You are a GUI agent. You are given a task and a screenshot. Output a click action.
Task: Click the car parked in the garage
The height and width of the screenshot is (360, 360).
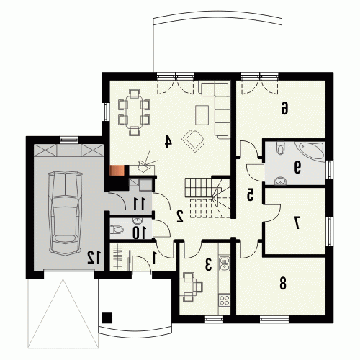tap(66, 213)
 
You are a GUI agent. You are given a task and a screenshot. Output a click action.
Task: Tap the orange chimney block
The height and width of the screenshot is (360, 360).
tap(117, 171)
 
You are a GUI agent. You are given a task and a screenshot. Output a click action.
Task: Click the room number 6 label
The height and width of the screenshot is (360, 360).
tap(284, 108)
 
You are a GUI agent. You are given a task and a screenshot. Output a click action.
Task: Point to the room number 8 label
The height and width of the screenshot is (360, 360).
tap(283, 284)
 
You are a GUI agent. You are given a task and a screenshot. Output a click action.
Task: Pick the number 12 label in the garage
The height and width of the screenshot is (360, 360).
tap(94, 257)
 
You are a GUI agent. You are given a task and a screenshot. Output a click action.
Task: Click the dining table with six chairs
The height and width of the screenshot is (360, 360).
tap(134, 112)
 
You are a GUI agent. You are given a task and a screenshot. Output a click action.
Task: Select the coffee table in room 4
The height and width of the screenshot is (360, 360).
tap(202, 115)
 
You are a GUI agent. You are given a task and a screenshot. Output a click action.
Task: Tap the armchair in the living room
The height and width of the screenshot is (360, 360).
tap(194, 140)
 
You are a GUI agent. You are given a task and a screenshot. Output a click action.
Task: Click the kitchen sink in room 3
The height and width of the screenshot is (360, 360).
tap(225, 264)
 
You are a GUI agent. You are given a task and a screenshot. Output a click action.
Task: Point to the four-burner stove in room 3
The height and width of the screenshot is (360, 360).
tap(225, 300)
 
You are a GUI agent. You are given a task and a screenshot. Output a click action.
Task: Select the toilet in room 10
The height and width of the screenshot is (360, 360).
tap(117, 230)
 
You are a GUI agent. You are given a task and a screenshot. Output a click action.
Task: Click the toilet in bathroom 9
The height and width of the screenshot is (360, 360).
tap(280, 148)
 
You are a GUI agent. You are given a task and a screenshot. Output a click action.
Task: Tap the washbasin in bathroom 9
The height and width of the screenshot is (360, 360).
tap(279, 181)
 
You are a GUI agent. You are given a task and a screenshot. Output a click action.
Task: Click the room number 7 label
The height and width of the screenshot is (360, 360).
tap(297, 223)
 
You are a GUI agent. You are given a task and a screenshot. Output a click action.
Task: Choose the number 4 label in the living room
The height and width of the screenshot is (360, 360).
tap(168, 141)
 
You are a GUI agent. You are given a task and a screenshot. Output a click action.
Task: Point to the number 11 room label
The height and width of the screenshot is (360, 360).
tap(140, 204)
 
